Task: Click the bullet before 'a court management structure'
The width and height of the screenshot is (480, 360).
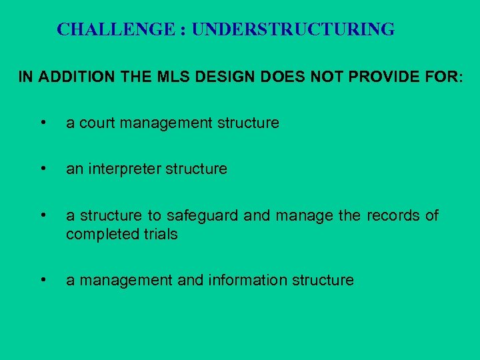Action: (x=43, y=123)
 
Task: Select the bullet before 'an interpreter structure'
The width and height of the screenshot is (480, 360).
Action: (x=43, y=169)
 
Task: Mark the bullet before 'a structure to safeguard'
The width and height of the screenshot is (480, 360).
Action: (x=43, y=215)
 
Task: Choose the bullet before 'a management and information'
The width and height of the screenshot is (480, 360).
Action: (x=43, y=280)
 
